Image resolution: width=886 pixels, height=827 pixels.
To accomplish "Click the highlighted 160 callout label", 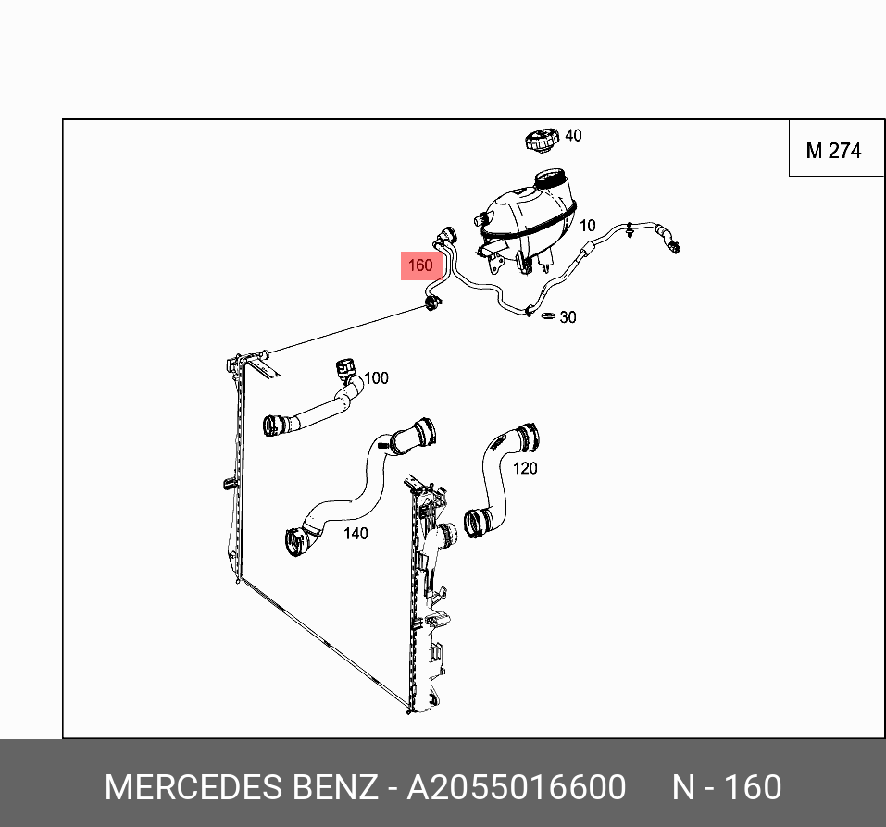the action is coord(420,265).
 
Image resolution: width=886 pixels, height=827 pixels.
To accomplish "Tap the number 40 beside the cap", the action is coord(573,136).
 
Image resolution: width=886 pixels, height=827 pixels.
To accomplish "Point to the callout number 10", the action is coord(588,225).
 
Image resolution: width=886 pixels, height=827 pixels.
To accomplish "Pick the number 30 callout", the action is coord(568,317).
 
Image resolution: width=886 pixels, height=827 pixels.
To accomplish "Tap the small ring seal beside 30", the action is coord(547,317).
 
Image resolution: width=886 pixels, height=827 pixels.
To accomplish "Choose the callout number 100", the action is coord(376,378).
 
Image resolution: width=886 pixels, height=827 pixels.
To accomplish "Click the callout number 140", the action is coord(356,534).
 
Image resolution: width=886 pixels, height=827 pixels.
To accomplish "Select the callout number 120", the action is coord(525,469).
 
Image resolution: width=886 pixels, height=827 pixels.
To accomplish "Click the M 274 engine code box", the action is coord(833,151).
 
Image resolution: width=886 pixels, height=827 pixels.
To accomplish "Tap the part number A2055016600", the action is coord(517,787).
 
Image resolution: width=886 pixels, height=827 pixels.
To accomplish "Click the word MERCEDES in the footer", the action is coord(193,787).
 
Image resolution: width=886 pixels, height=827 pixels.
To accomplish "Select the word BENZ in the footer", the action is coord(334,787).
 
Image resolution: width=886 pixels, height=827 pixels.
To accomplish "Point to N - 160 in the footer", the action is coord(727,787).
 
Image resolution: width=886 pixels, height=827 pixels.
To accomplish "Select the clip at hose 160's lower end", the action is coord(431,303).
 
